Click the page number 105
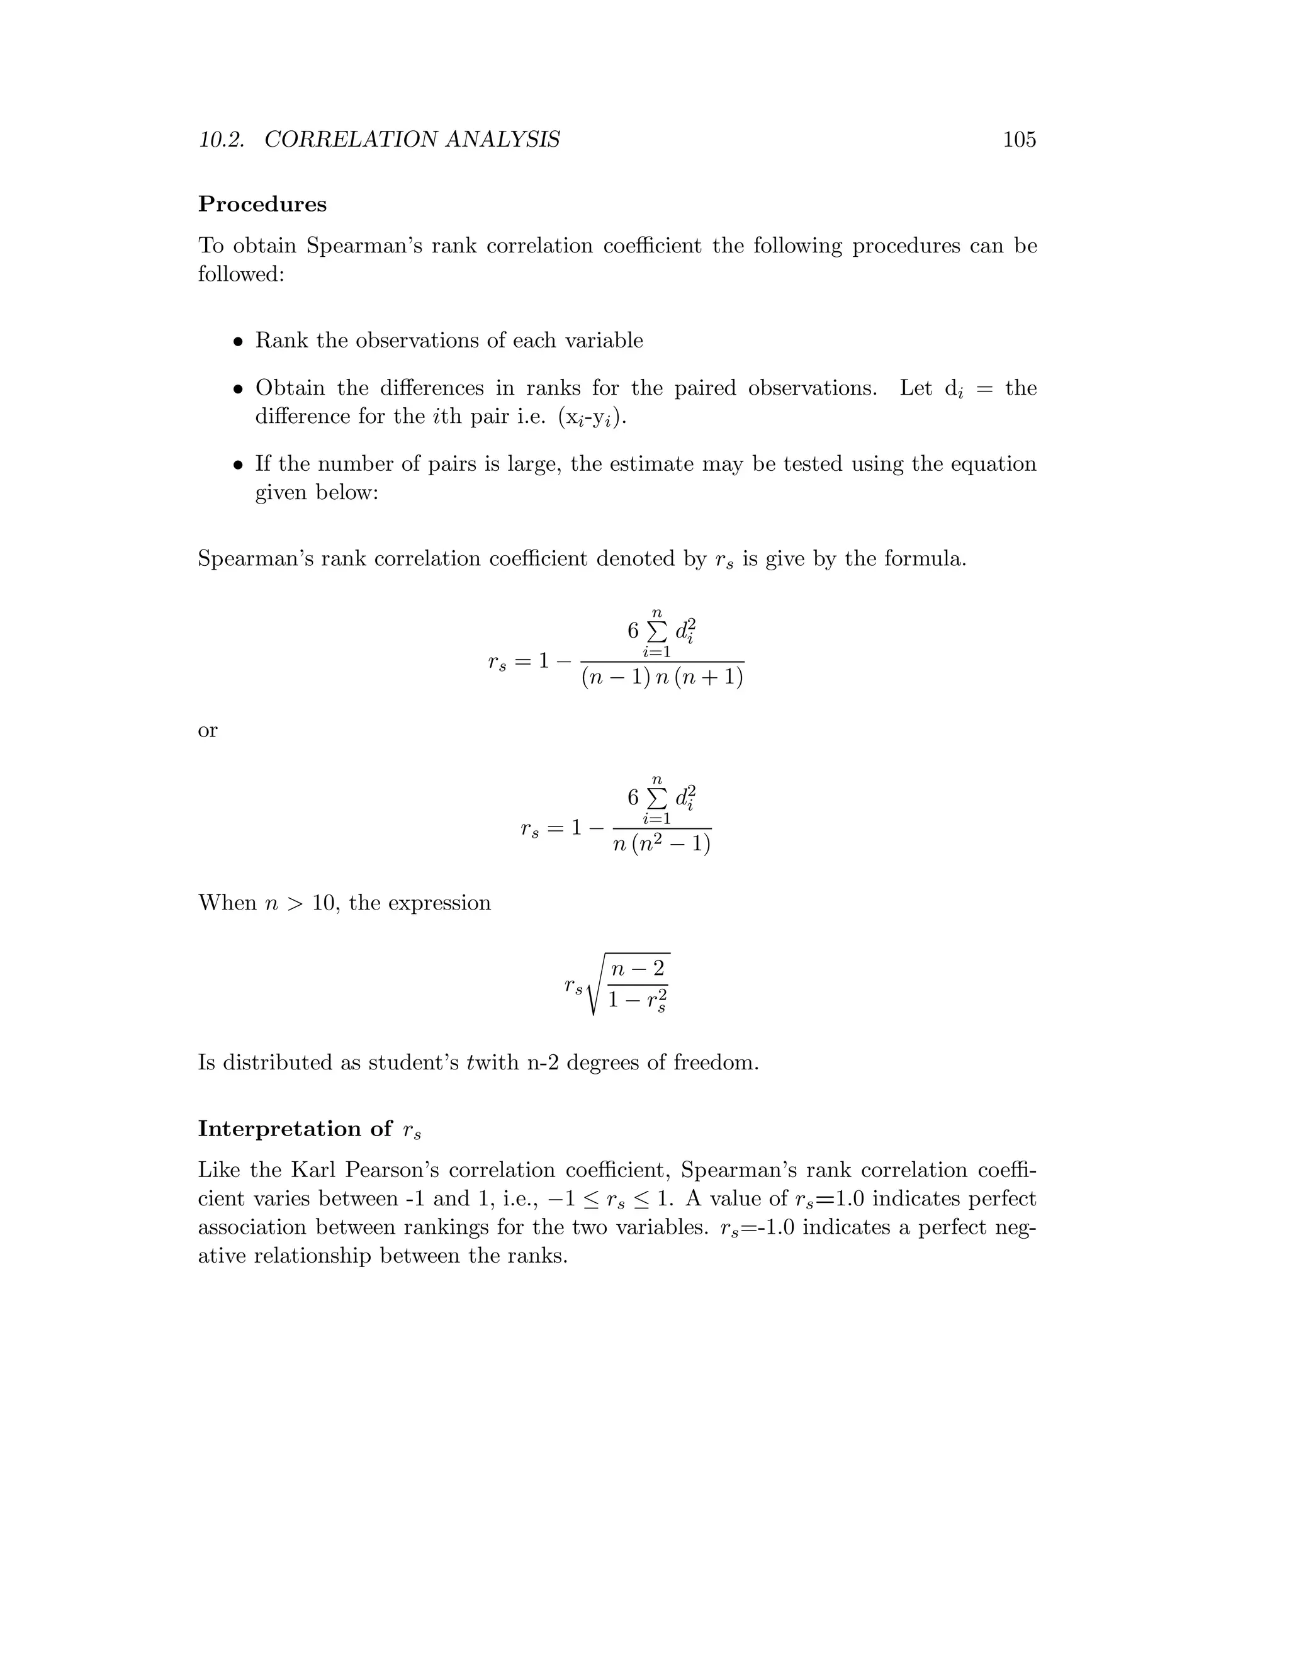pyautogui.click(x=1019, y=140)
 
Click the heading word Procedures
pyautogui.click(x=262, y=205)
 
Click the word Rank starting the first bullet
pyautogui.click(x=282, y=341)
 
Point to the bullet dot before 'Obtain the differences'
pyautogui.click(x=239, y=390)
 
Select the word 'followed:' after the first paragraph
pyautogui.click(x=241, y=274)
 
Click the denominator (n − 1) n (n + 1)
pyautogui.click(x=662, y=677)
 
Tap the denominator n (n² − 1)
pyautogui.click(x=662, y=845)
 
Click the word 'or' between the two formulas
pyautogui.click(x=208, y=731)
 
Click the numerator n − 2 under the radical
pyautogui.click(x=638, y=969)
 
